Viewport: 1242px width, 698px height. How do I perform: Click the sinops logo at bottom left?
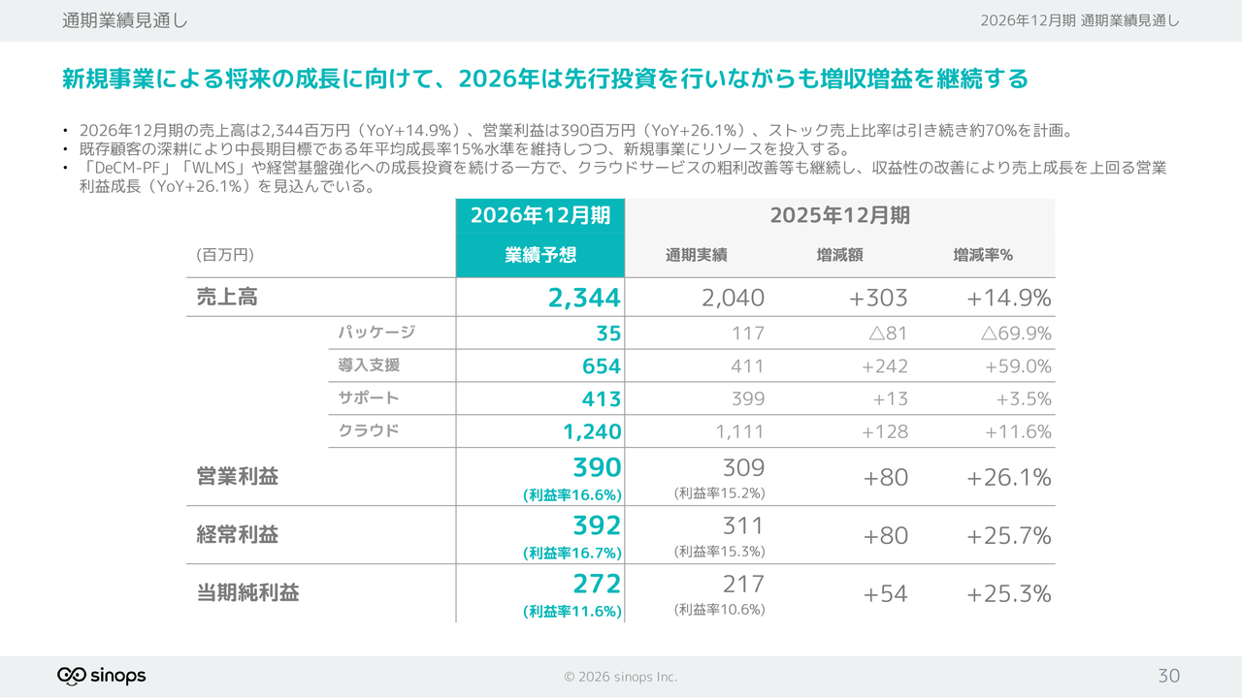tap(101, 676)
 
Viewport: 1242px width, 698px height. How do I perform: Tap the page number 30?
tap(1168, 676)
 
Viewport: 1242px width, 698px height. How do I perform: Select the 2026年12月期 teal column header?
tap(540, 215)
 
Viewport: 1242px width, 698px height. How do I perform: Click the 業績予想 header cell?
tap(540, 255)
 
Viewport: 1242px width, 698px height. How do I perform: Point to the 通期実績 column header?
tap(696, 255)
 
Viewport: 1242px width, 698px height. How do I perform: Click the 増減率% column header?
tap(982, 255)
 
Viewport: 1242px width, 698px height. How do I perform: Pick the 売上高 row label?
tap(227, 298)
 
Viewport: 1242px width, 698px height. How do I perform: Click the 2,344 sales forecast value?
tap(584, 298)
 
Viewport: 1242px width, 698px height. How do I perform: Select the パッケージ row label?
tap(376, 333)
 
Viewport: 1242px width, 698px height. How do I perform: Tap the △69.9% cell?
tap(1015, 333)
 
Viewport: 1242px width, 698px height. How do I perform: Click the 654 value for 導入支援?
tap(602, 366)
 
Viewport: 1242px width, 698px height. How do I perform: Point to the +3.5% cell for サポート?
tap(1024, 398)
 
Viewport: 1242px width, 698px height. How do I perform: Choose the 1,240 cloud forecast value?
tap(592, 431)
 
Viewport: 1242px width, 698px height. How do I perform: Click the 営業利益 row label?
tap(238, 477)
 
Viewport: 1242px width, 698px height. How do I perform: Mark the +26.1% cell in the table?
tap(1009, 477)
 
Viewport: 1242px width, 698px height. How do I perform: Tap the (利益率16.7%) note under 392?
tap(572, 553)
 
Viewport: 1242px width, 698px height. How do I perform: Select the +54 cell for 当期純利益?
tap(885, 593)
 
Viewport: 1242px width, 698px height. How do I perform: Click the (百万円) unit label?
tap(225, 255)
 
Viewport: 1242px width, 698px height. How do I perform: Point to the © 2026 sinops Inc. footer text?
tap(621, 677)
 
